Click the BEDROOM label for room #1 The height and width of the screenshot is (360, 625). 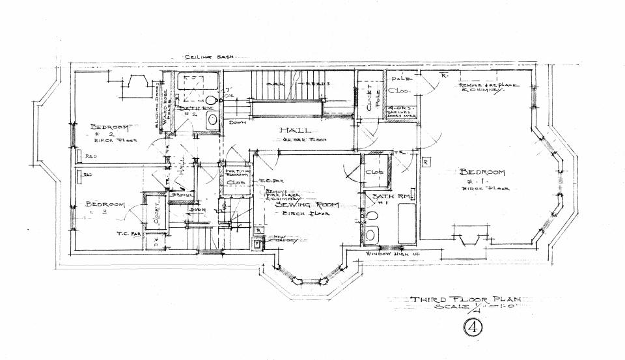coord(482,173)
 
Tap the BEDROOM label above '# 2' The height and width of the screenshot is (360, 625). coord(110,126)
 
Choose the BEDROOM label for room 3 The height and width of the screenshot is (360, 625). coord(105,204)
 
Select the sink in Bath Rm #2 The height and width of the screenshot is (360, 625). coord(212,120)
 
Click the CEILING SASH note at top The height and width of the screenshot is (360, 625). coord(207,58)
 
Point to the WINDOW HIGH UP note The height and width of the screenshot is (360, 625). coord(393,253)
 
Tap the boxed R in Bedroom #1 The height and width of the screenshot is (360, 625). coord(426,161)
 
